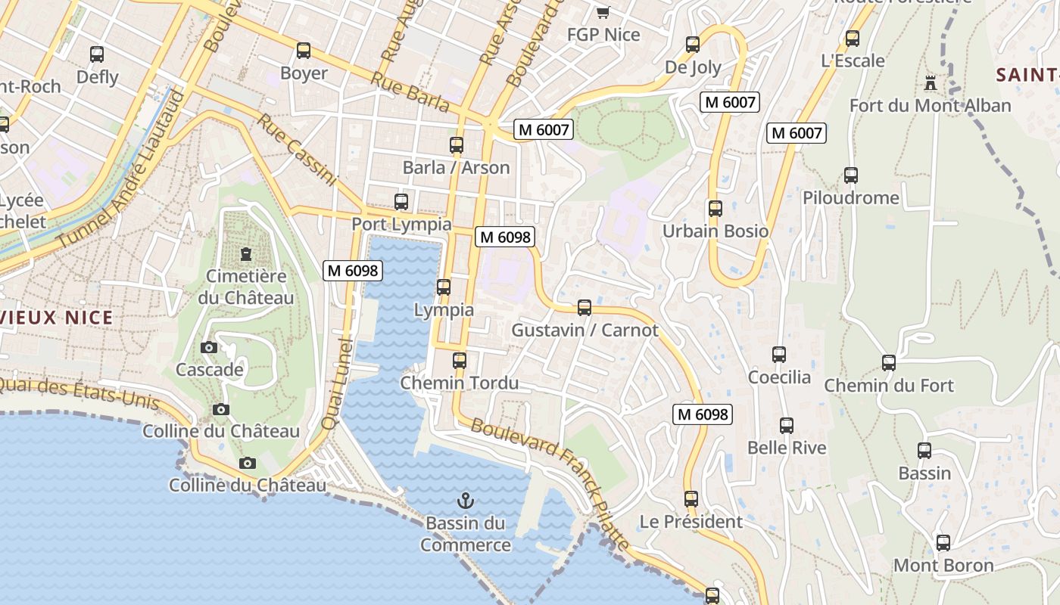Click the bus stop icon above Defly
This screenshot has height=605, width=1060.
(x=97, y=54)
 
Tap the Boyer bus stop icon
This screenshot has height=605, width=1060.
(x=304, y=51)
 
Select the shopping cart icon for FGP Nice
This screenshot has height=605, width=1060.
(x=603, y=12)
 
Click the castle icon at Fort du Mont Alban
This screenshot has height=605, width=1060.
(x=931, y=82)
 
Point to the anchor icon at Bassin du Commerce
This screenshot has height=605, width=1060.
(x=466, y=500)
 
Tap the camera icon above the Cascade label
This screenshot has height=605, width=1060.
(x=209, y=347)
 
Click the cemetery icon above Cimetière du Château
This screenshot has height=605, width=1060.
(x=245, y=254)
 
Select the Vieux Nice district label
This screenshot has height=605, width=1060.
(x=57, y=318)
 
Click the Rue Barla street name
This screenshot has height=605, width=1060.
(x=411, y=93)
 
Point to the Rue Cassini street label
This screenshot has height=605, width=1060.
(x=296, y=150)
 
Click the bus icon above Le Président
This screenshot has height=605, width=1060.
(x=691, y=499)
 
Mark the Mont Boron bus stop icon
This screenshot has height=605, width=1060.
(x=943, y=543)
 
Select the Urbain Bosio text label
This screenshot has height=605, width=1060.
(x=715, y=231)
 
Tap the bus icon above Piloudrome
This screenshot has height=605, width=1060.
(x=851, y=175)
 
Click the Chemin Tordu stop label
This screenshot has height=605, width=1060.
(x=460, y=383)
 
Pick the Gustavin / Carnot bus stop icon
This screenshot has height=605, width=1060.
(x=585, y=308)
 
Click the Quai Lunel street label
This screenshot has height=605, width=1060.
(x=338, y=384)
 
